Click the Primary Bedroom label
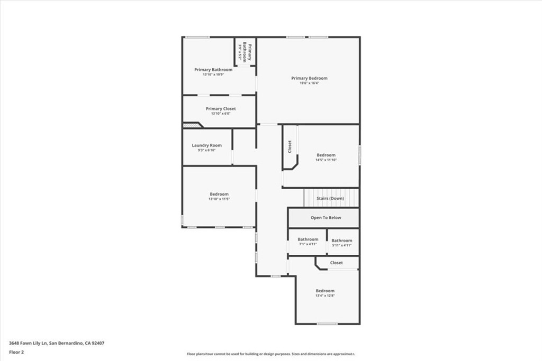[309, 78]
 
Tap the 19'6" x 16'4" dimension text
[309, 83]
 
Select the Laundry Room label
[206, 145]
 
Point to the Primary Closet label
[221, 109]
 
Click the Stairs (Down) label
[330, 198]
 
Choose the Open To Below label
[326, 218]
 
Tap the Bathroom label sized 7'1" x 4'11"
[308, 239]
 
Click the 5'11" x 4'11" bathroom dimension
[342, 245]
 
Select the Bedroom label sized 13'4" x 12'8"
[325, 291]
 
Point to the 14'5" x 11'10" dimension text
[326, 160]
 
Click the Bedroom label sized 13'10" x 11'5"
[219, 194]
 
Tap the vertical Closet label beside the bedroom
[290, 146]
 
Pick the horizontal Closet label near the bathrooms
[336, 263]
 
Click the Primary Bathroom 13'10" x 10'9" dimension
[213, 75]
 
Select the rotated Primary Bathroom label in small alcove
[246, 52]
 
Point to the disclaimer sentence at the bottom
[270, 354]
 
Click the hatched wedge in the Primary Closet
[193, 125]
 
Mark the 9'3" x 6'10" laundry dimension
[206, 150]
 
